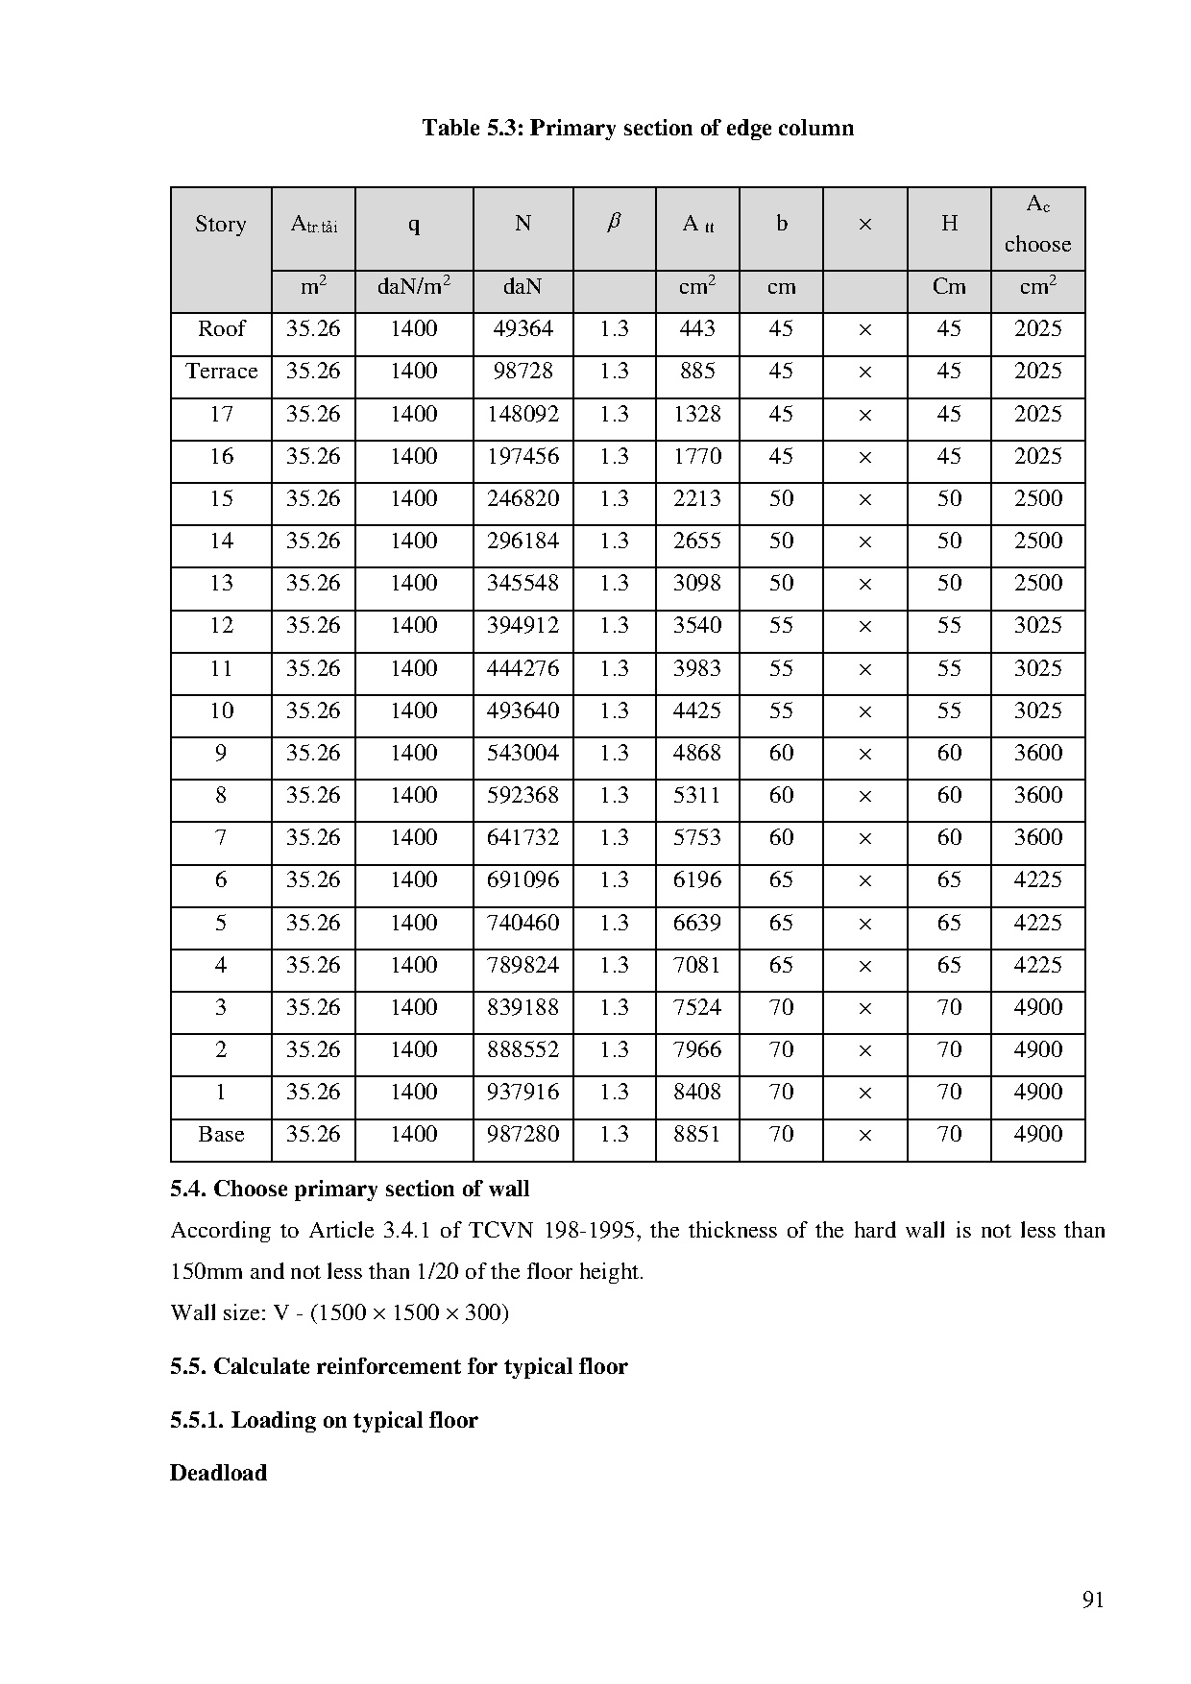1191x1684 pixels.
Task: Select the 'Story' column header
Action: (x=221, y=224)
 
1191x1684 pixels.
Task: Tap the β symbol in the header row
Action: (x=614, y=223)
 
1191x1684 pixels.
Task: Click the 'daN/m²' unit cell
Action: (x=414, y=286)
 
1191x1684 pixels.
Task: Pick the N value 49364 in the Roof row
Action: (x=523, y=328)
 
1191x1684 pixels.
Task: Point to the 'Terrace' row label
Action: (x=222, y=371)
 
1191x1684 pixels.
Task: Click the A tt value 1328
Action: (x=697, y=414)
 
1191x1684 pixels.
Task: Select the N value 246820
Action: (x=523, y=498)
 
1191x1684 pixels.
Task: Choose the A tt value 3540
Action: (x=697, y=625)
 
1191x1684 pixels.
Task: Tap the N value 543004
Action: (x=523, y=753)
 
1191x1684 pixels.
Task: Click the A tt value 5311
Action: (x=697, y=795)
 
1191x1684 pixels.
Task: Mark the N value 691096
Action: (x=523, y=879)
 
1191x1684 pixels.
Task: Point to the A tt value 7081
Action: (x=697, y=965)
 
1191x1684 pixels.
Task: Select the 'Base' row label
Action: (x=221, y=1134)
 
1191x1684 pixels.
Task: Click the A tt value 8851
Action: (x=697, y=1134)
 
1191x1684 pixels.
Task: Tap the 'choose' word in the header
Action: (x=1037, y=245)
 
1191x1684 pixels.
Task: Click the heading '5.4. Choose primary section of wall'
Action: (x=350, y=1189)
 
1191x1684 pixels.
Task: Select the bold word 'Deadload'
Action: (x=218, y=1473)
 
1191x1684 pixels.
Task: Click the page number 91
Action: (x=1093, y=1600)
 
